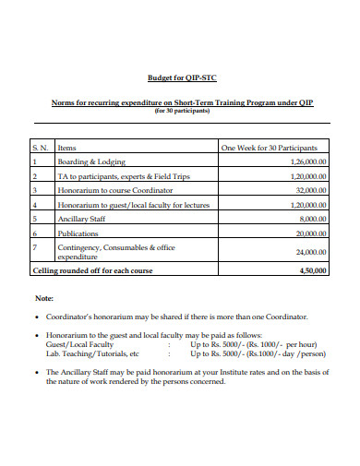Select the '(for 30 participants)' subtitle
point(181,111)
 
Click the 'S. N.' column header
point(42,147)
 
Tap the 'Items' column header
point(67,147)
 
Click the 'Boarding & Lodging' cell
point(92,161)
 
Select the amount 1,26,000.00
point(301,161)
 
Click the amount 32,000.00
point(305,189)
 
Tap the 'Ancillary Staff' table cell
point(84,219)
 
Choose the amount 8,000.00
point(306,219)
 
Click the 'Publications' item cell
point(79,233)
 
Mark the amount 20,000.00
point(305,233)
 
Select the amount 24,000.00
point(305,252)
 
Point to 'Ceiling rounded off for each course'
point(92,270)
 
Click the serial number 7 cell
point(35,247)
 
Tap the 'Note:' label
point(43,299)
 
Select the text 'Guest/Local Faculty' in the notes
point(78,344)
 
